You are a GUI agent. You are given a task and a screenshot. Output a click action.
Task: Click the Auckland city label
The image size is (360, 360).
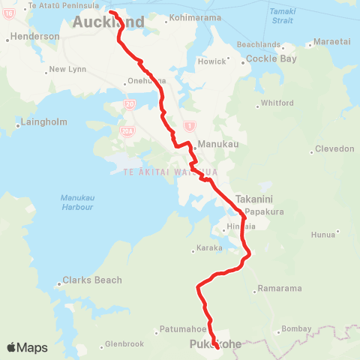(x=108, y=22)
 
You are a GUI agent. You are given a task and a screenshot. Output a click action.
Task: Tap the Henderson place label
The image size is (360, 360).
(x=34, y=36)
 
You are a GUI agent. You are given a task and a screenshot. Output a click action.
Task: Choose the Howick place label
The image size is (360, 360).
(x=211, y=61)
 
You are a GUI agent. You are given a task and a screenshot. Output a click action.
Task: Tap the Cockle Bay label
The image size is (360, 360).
(x=268, y=58)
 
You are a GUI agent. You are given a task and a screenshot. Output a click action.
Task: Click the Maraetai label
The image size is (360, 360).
(x=333, y=42)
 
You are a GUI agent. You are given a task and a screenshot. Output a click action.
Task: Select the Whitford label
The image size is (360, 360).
(x=272, y=103)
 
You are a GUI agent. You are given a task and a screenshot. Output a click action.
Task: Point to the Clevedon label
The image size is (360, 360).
(x=335, y=148)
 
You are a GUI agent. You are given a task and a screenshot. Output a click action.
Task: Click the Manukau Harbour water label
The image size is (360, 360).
(x=76, y=202)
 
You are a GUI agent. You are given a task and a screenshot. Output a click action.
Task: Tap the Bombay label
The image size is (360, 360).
(x=293, y=329)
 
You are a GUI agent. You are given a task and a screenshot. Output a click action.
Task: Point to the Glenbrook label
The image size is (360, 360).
(x=124, y=344)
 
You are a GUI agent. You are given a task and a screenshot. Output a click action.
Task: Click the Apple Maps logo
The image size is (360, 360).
(x=27, y=347)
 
